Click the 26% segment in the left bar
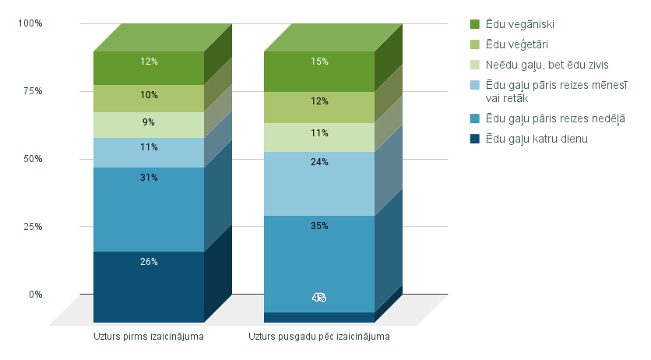[x=149, y=285]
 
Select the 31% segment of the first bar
[x=149, y=209]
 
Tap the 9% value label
[x=149, y=122]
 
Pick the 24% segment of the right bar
[x=319, y=183]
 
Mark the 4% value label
[x=319, y=298]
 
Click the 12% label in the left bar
[x=149, y=62]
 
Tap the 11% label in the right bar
[x=319, y=133]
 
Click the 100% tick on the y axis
[x=30, y=23]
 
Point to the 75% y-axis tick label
[x=33, y=91]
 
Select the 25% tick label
[x=33, y=227]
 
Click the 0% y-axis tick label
[x=36, y=295]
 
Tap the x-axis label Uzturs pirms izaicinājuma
[x=149, y=337]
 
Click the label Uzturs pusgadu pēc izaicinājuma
[x=319, y=337]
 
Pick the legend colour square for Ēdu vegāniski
[x=475, y=24]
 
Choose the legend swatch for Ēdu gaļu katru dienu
[x=475, y=139]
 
